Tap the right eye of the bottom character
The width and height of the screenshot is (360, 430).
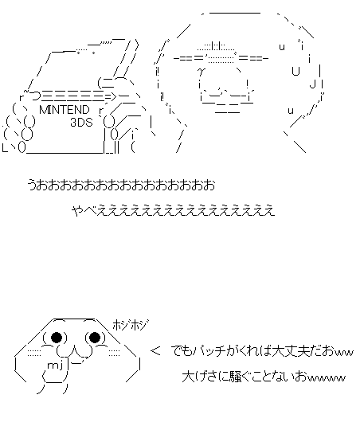point(95,337)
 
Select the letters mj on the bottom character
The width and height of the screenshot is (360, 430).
point(56,365)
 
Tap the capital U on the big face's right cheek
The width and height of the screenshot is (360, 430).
point(295,71)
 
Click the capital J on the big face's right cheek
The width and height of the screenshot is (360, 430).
point(312,83)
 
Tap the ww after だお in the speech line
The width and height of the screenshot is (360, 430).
point(343,353)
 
